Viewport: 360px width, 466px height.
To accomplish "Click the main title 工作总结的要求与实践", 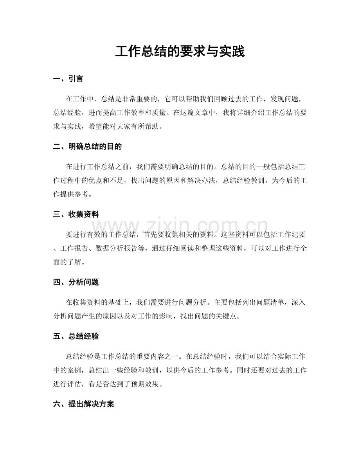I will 180,51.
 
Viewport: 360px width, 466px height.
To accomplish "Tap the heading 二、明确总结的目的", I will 87,147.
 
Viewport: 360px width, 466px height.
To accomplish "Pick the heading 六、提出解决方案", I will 83,404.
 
